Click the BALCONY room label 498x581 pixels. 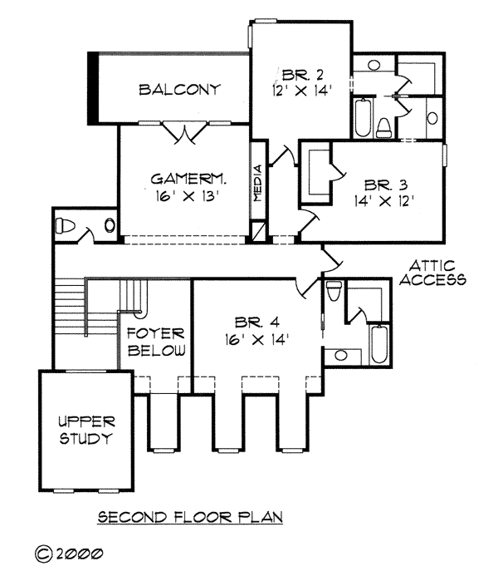pyautogui.click(x=179, y=89)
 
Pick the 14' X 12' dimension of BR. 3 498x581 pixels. pyautogui.click(x=383, y=199)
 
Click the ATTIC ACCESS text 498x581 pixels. pyautogui.click(x=432, y=272)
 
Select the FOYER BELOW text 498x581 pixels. pyautogui.click(x=155, y=342)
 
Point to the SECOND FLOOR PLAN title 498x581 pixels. pyautogui.click(x=191, y=517)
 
